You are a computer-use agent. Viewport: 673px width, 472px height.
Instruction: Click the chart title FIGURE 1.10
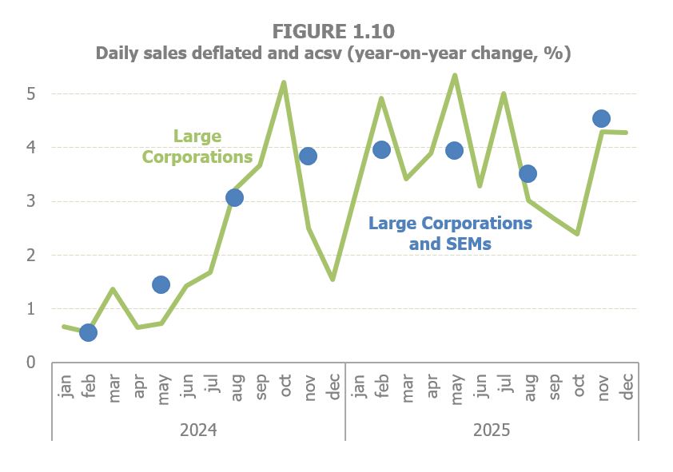tap(333, 31)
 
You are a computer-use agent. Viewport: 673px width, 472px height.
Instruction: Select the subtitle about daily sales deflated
tap(333, 54)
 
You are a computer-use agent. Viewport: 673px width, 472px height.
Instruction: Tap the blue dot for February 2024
tap(88, 332)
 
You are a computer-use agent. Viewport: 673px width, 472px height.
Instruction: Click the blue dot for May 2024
tap(161, 284)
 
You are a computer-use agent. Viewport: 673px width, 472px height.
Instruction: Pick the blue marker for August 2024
tap(234, 197)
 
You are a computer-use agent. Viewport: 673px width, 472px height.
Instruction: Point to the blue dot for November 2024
tap(308, 156)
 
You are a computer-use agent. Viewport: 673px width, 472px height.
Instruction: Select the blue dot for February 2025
tap(381, 149)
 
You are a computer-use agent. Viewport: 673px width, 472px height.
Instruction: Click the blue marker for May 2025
tap(454, 150)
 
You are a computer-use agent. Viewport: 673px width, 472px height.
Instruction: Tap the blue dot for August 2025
tap(528, 173)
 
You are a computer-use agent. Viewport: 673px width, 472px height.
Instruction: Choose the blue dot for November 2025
tap(601, 119)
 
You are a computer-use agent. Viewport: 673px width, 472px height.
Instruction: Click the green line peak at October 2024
tap(284, 82)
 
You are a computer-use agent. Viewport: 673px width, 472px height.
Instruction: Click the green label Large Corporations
tap(197, 146)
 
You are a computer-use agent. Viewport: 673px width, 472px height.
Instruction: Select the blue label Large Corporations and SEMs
tap(450, 233)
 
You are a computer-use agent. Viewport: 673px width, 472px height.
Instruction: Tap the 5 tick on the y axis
tap(31, 93)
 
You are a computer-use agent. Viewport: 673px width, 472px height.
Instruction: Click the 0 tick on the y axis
tap(31, 363)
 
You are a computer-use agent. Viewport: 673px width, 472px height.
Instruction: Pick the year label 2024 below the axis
tap(198, 430)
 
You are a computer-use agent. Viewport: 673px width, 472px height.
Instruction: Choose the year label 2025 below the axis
tap(491, 430)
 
